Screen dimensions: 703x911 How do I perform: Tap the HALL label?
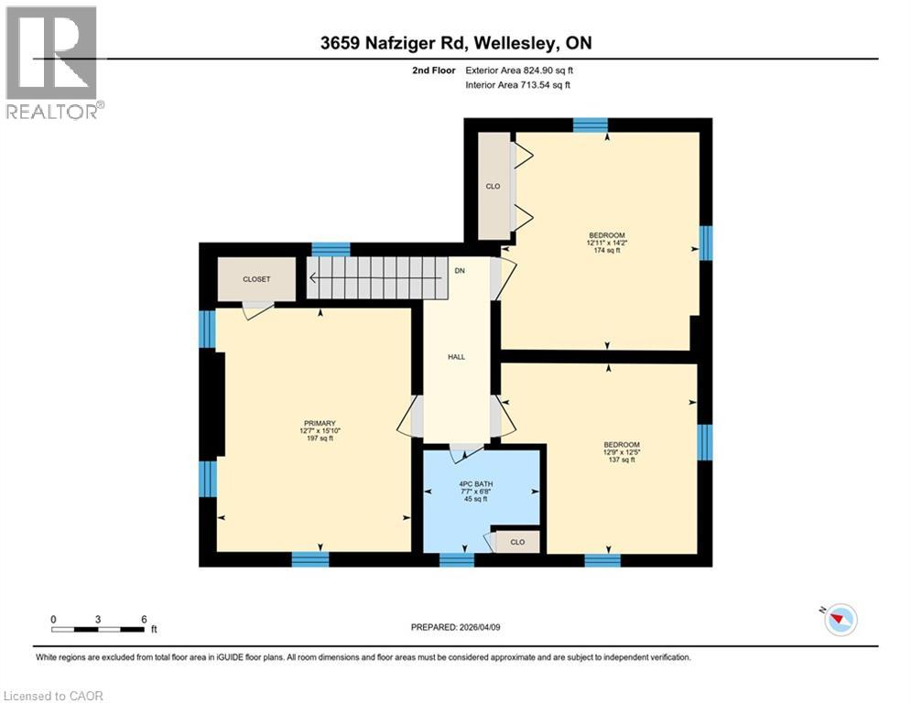(457, 357)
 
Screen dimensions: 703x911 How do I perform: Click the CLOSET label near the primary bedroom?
(256, 279)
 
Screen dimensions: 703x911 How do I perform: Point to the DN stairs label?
(461, 271)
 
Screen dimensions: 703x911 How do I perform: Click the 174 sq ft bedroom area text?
(606, 250)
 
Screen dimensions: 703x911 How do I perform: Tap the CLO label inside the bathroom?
(517, 542)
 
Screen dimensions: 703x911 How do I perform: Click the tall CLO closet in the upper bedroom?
(493, 186)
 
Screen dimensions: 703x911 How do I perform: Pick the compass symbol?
(839, 620)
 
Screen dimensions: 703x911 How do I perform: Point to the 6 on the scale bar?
(144, 619)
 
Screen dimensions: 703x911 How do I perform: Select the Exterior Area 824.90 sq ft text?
(519, 70)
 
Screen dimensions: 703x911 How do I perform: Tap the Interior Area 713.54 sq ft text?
(518, 85)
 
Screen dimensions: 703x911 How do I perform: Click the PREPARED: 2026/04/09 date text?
(455, 627)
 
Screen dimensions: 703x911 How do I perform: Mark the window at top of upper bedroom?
(591, 125)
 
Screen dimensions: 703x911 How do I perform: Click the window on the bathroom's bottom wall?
(456, 559)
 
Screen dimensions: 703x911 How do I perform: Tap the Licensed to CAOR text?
(53, 696)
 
